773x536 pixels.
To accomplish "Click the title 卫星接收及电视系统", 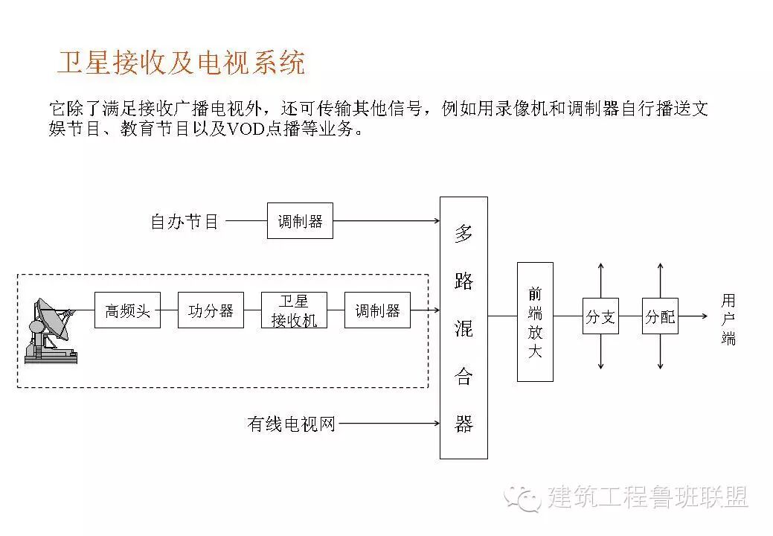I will point(181,63).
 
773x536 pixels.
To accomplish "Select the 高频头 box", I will point(127,310).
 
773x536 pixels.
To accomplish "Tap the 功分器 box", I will point(211,310).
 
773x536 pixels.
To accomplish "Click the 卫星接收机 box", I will point(294,310).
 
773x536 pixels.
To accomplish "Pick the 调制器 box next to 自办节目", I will point(300,220).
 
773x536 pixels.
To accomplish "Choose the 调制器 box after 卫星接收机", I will point(377,310).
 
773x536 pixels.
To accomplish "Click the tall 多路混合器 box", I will point(464,328).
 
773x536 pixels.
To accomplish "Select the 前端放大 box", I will point(535,322).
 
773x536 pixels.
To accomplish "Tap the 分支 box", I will point(600,316).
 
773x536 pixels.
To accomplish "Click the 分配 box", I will point(660,316).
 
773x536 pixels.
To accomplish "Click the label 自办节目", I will point(185,221).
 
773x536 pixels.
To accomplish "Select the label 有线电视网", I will point(291,424).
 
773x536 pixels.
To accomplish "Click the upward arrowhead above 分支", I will point(600,266).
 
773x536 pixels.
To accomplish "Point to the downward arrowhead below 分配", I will point(660,366).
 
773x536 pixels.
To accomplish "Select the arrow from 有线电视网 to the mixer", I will point(388,424).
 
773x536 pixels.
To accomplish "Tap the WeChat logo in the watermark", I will point(522,498).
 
